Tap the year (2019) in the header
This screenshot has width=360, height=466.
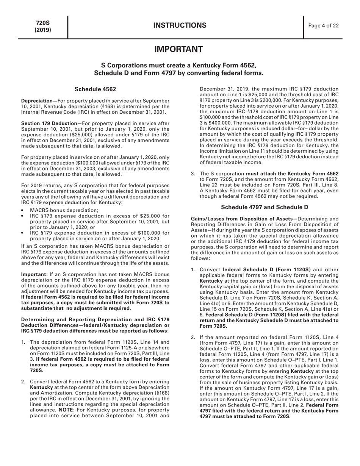point(43,30)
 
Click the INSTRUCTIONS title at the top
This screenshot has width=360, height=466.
point(180,25)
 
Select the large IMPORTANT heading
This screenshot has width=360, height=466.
point(178,49)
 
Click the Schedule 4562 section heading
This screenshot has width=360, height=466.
point(95,89)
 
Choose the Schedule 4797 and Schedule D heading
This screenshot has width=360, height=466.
point(264,207)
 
